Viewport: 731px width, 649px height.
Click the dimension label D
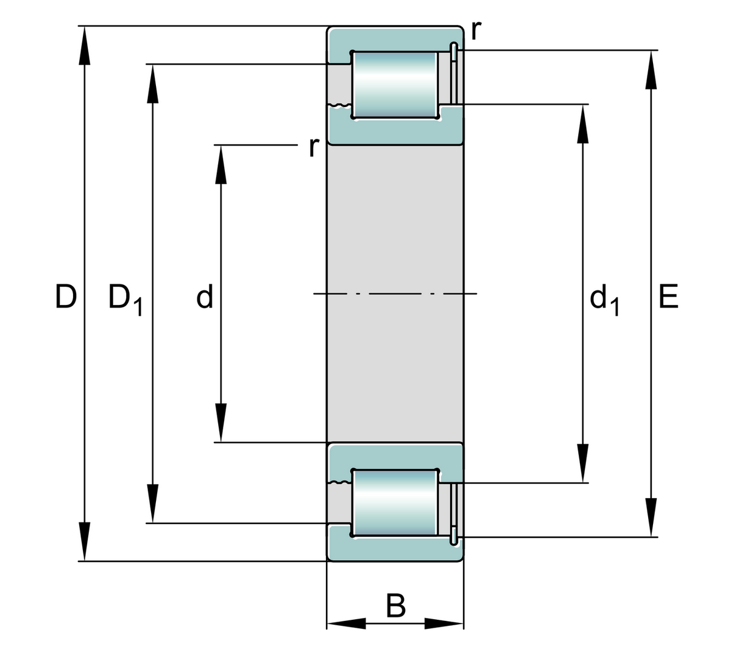click(x=66, y=296)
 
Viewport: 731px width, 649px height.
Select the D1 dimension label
click(x=124, y=298)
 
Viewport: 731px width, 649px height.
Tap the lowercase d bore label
click(x=205, y=296)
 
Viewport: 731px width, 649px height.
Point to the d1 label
click(x=604, y=300)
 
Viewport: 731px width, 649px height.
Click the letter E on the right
click(x=668, y=296)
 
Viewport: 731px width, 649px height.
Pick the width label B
click(x=396, y=606)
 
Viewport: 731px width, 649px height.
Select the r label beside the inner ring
click(x=313, y=147)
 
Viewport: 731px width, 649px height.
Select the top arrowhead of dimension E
click(x=651, y=69)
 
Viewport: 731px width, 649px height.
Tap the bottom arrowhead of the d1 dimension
click(x=584, y=464)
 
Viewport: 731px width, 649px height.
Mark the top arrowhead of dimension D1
click(x=152, y=83)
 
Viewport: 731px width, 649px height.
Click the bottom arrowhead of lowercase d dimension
click(x=221, y=423)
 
